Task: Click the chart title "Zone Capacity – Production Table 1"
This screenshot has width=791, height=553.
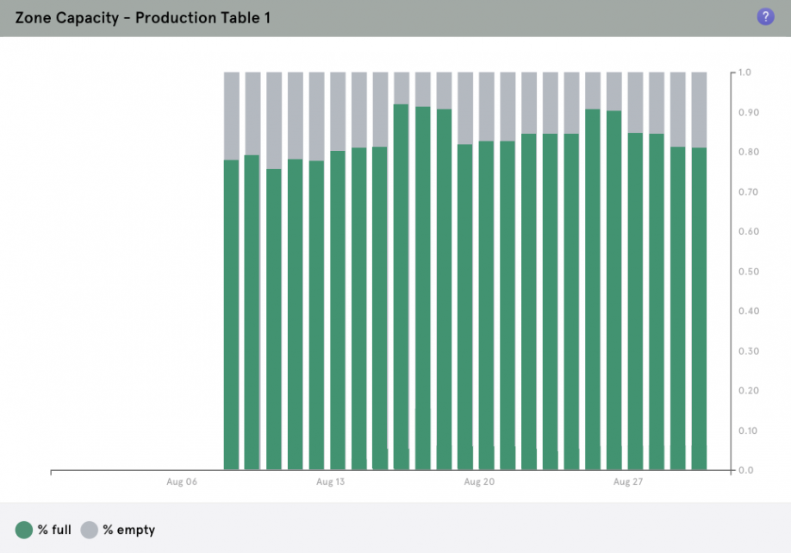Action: click(143, 17)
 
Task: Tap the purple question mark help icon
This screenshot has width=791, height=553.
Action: click(765, 16)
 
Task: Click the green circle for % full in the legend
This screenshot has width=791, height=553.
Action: click(24, 530)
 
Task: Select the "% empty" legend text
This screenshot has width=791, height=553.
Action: click(128, 530)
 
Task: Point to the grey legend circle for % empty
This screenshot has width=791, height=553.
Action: click(90, 530)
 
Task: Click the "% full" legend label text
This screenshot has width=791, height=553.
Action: click(54, 530)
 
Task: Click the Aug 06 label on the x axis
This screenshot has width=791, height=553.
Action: click(182, 481)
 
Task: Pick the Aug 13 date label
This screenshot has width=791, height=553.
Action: click(330, 481)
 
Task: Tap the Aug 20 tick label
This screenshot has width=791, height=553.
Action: click(479, 481)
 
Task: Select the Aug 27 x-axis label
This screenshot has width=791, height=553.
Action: click(627, 481)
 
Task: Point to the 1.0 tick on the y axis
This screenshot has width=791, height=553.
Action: click(745, 72)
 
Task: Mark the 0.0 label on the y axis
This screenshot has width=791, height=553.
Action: click(745, 470)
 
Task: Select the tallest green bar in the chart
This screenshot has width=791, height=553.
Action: click(401, 285)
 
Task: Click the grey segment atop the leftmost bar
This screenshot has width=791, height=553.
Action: click(231, 116)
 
